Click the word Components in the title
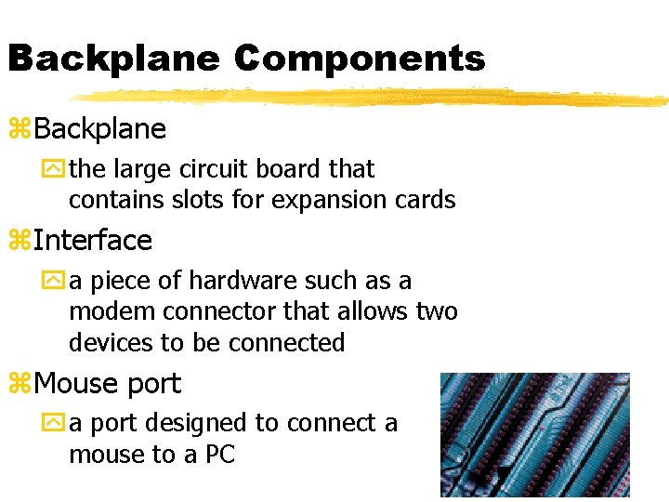tap(359, 59)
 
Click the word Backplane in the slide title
tap(113, 59)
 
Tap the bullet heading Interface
tap(92, 241)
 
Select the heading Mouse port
tap(107, 383)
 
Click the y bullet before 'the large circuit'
tap(58, 170)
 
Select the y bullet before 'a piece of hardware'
tap(58, 282)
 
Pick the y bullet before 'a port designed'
tap(58, 424)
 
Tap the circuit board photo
tap(534, 434)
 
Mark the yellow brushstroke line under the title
tap(372, 97)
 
